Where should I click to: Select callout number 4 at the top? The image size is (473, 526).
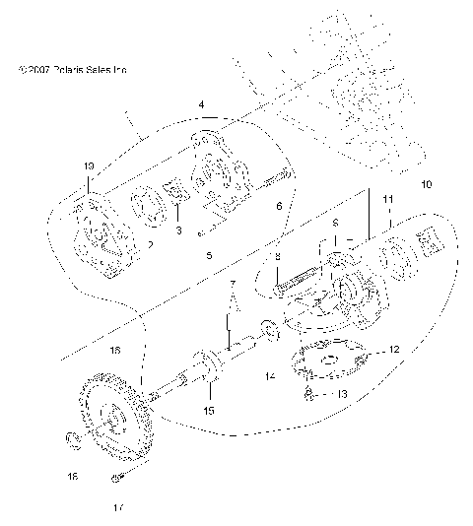201,104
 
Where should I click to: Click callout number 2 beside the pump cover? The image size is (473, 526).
149,243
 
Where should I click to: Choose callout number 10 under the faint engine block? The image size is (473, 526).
426,184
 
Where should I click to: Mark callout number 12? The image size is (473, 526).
393,349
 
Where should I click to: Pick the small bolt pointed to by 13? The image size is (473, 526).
308,394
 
